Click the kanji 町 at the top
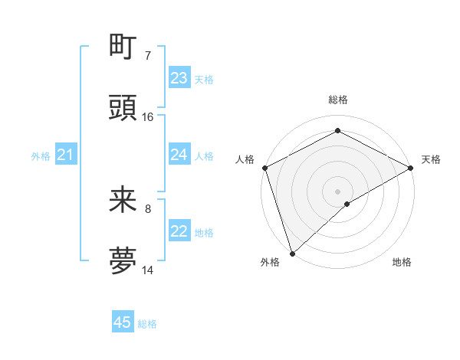(123, 47)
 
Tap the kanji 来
(123, 201)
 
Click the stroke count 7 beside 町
(147, 56)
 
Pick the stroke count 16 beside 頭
(148, 117)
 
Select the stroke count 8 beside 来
(147, 209)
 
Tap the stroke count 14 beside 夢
(148, 270)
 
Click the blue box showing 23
(179, 78)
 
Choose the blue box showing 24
(179, 155)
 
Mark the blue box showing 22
(179, 231)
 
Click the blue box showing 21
(66, 155)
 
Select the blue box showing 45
(123, 323)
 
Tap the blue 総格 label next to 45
(147, 324)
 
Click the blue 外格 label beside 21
(41, 156)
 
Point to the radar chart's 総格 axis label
(338, 100)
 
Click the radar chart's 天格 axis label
(431, 159)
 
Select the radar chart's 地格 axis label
(402, 263)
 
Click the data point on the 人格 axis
(264, 168)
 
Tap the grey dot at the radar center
(337, 191)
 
